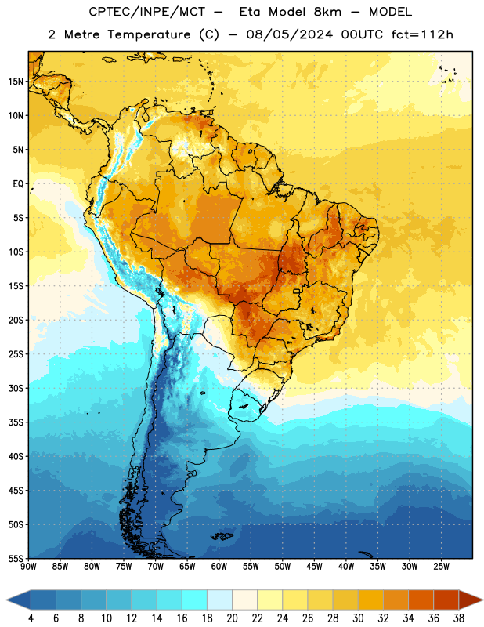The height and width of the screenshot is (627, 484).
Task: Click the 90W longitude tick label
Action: [x=29, y=567]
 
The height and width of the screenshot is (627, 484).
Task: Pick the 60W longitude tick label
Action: [x=219, y=567]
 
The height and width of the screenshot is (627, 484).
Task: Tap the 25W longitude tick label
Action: [x=441, y=567]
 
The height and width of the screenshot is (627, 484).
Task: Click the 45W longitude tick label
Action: [x=315, y=567]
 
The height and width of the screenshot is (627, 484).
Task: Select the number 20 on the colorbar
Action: [x=232, y=618]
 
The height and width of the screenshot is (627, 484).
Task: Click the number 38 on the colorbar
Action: [x=459, y=618]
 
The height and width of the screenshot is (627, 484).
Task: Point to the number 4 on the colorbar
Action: [x=31, y=618]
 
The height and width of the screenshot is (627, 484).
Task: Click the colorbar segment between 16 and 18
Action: [x=195, y=600]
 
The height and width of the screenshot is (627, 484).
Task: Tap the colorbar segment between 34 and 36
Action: [x=421, y=600]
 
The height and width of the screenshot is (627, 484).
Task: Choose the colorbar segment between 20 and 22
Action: [x=245, y=600]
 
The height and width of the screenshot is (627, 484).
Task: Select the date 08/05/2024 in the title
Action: [x=289, y=34]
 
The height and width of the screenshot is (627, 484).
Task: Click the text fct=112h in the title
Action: [x=422, y=34]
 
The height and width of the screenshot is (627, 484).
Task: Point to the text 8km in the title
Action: [x=327, y=12]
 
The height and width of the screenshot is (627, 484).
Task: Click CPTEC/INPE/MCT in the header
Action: [x=147, y=12]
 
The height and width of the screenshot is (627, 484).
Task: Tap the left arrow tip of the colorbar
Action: [x=6, y=600]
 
